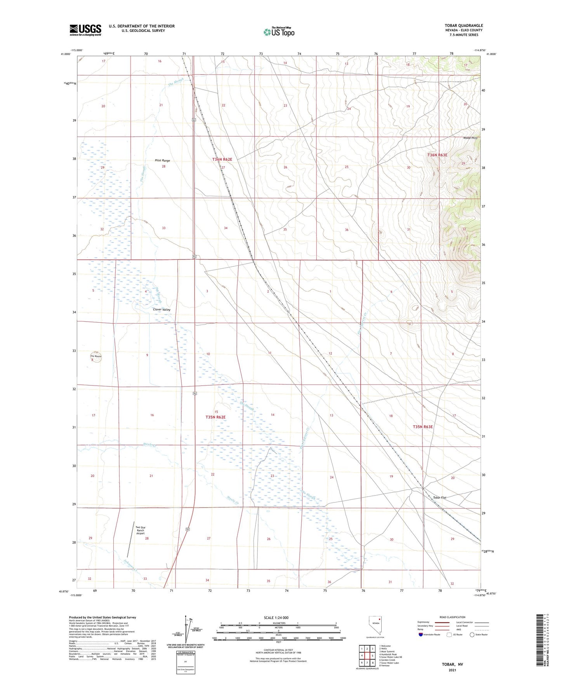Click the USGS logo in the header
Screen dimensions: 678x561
click(x=85, y=30)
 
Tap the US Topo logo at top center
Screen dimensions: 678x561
click(x=279, y=32)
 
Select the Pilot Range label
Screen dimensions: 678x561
click(x=162, y=160)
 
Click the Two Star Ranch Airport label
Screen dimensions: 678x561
click(x=140, y=530)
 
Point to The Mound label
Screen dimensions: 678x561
click(x=96, y=356)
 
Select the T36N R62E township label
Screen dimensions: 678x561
click(x=222, y=160)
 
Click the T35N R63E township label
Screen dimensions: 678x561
click(x=422, y=426)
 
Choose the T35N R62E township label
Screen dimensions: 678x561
click(x=215, y=417)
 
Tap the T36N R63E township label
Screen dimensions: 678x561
click(x=437, y=155)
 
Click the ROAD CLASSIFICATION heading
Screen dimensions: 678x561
click(x=452, y=617)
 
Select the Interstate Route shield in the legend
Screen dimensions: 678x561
click(x=421, y=635)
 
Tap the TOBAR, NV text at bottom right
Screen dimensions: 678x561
click(x=452, y=664)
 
